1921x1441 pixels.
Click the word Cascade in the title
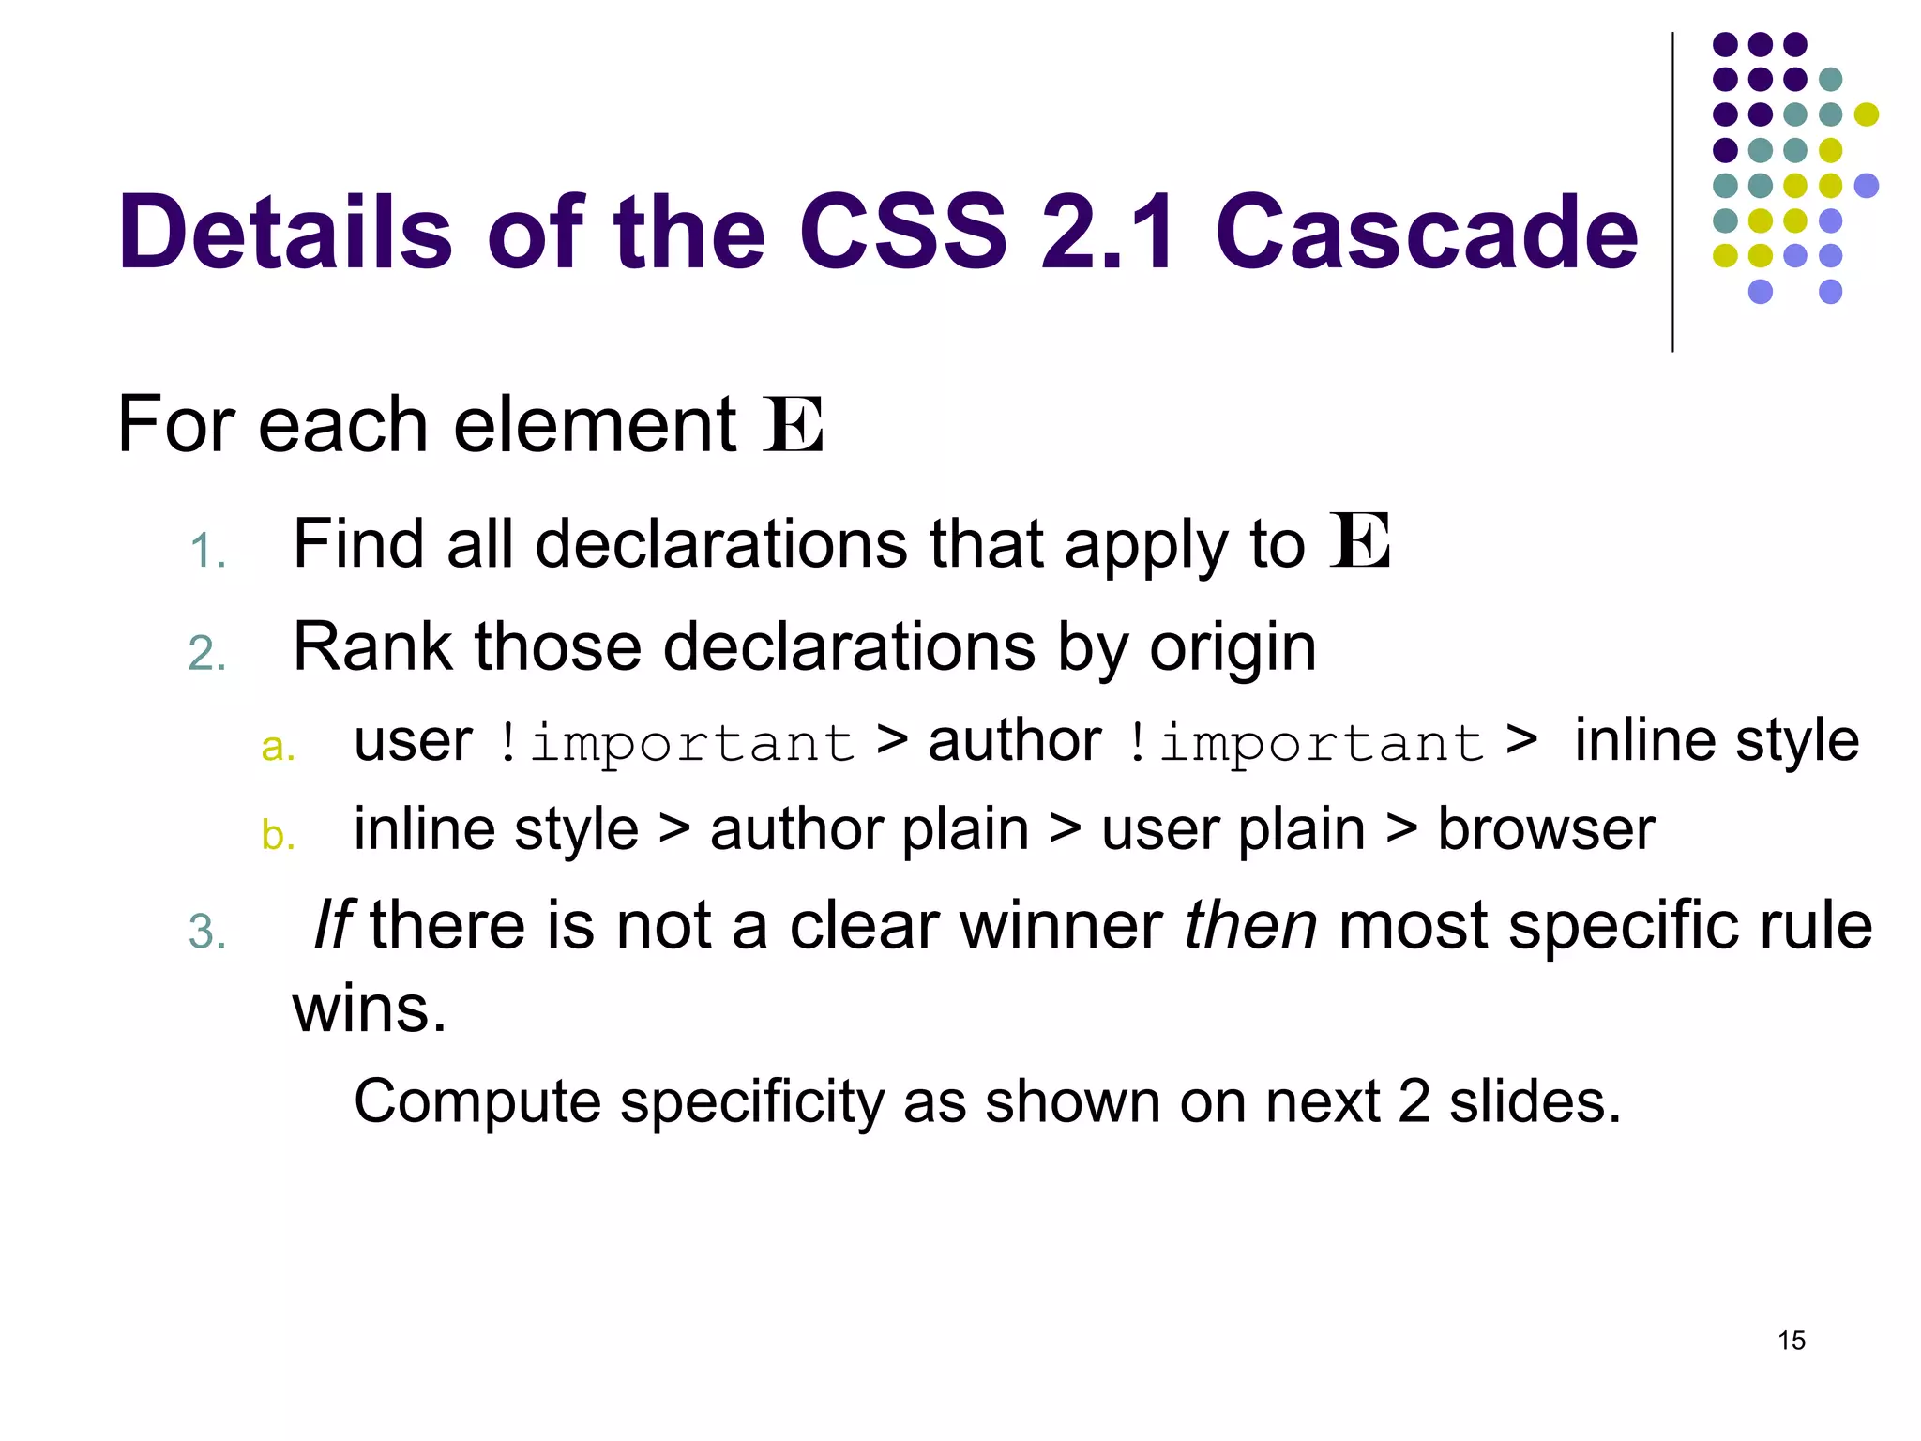1426,232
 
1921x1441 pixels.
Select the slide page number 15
1791,1341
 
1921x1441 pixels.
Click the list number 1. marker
207,551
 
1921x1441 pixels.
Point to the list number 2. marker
207,654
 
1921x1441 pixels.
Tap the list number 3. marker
207,933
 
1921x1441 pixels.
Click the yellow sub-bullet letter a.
278,748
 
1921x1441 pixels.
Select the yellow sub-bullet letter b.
278,835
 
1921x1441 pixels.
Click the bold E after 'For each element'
794,426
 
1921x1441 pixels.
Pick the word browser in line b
1546,830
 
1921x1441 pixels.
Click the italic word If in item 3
332,925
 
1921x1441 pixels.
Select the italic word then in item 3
1250,925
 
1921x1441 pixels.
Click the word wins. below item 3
370,1009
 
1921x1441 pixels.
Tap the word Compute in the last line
476,1101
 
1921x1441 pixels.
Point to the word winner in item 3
1061,925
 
